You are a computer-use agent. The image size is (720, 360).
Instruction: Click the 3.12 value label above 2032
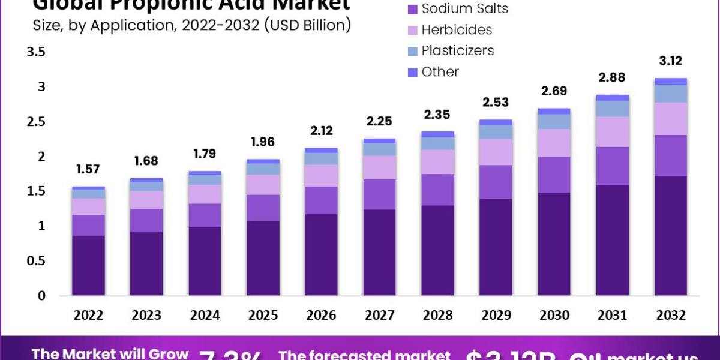pyautogui.click(x=670, y=61)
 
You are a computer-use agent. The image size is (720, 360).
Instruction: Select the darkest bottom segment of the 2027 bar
pyautogui.click(x=379, y=252)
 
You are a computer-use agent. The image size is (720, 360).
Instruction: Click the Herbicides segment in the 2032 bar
pyautogui.click(x=670, y=118)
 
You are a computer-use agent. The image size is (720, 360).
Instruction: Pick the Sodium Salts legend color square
pyautogui.click(x=412, y=9)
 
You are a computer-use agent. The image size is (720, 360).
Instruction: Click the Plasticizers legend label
pyautogui.click(x=457, y=50)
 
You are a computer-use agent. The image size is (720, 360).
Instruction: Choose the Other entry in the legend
pyautogui.click(x=440, y=71)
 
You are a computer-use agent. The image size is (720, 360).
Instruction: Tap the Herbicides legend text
pyautogui.click(x=457, y=29)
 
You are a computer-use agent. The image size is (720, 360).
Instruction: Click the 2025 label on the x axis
pyautogui.click(x=263, y=316)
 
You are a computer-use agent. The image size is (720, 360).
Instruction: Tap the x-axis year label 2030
pyautogui.click(x=554, y=316)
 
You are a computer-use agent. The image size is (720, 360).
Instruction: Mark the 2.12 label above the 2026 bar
pyautogui.click(x=321, y=131)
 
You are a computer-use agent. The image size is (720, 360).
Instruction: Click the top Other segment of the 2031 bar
pyautogui.click(x=612, y=97)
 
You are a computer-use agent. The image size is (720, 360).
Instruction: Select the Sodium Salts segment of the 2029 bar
pyautogui.click(x=496, y=182)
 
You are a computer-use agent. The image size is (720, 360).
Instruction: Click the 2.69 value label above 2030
pyautogui.click(x=554, y=91)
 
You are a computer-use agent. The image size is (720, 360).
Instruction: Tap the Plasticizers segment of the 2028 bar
pyautogui.click(x=437, y=143)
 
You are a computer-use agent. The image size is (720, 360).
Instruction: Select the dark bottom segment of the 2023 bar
pyautogui.click(x=146, y=263)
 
